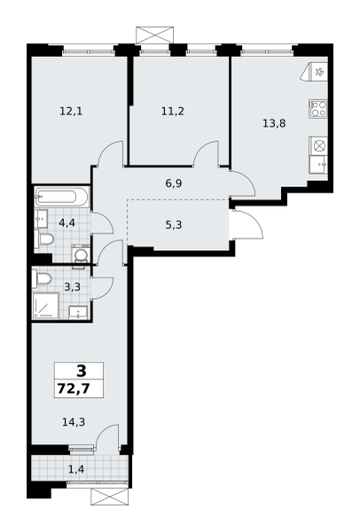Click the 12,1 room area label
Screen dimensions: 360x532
71,112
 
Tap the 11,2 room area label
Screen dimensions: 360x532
173,112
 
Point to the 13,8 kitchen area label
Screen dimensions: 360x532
274,123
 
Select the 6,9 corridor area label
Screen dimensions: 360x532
174,184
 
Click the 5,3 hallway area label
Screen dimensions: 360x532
174,224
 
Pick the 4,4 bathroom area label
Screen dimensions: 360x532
67,223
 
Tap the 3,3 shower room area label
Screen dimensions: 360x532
73,287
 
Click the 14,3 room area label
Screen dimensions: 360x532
74,422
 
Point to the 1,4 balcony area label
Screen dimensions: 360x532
76,470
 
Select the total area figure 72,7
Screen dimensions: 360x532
74,388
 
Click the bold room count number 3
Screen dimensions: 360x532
82,372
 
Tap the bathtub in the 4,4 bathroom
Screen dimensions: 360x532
61,197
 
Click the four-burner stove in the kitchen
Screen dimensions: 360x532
318,108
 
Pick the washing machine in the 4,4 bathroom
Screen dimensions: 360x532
81,254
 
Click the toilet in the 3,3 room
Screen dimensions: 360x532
42,279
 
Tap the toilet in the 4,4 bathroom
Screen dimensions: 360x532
44,239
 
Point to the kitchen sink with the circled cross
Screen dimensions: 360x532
318,146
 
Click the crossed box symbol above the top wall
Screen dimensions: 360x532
154,35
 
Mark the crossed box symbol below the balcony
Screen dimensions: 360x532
110,497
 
